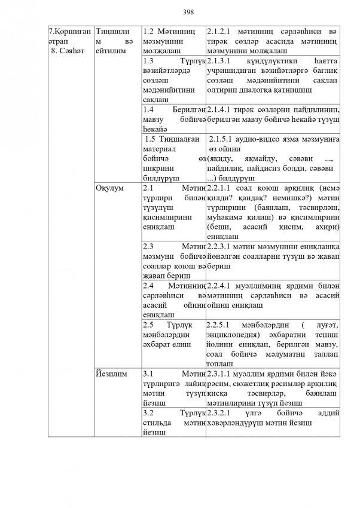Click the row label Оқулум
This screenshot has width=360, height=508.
point(109,188)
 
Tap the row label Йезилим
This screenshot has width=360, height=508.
point(111,374)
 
